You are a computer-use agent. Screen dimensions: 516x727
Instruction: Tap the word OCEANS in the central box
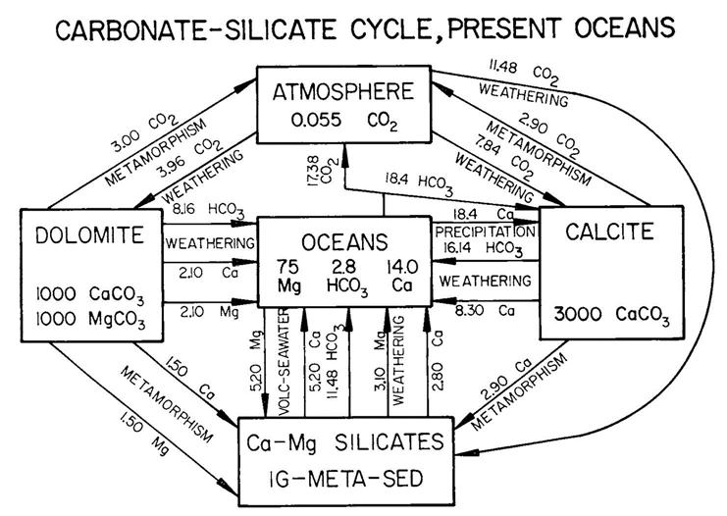346,240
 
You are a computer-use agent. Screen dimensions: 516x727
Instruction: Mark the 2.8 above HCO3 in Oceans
344,266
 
